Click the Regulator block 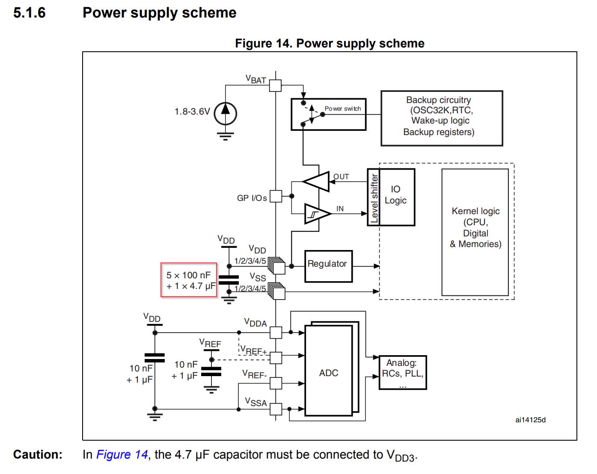tap(328, 266)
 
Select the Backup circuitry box tap(441, 118)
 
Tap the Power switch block tap(328, 114)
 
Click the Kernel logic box tap(475, 232)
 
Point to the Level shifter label tap(374, 197)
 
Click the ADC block tap(328, 371)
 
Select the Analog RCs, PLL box tap(402, 372)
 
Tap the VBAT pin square tap(275, 85)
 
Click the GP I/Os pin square tap(276, 196)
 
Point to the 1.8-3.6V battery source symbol tap(225, 113)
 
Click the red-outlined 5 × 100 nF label tap(189, 280)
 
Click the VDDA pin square tap(276, 332)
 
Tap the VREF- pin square tap(276, 383)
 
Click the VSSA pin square tap(276, 409)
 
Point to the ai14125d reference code tap(530, 420)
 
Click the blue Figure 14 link tap(122, 454)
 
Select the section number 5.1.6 tap(29, 13)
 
